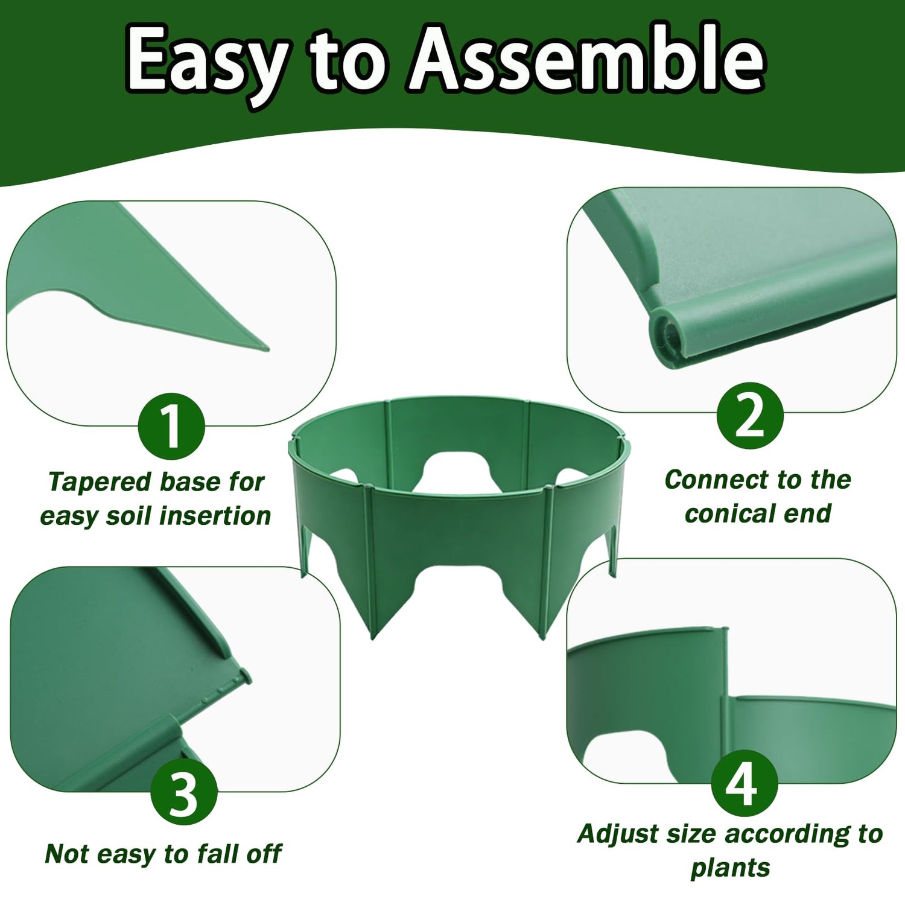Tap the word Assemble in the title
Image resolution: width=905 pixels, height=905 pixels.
click(587, 59)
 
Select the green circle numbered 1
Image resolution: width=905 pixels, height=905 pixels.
click(171, 426)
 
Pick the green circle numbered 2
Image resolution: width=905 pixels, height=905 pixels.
click(750, 416)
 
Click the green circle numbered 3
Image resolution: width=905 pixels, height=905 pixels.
click(183, 792)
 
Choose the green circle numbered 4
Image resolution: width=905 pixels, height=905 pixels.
click(744, 784)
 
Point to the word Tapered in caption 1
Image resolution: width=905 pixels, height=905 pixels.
click(100, 482)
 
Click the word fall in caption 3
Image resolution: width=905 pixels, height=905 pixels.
click(215, 854)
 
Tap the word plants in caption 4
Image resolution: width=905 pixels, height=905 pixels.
click(730, 868)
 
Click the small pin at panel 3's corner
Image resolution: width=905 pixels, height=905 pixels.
click(244, 676)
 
